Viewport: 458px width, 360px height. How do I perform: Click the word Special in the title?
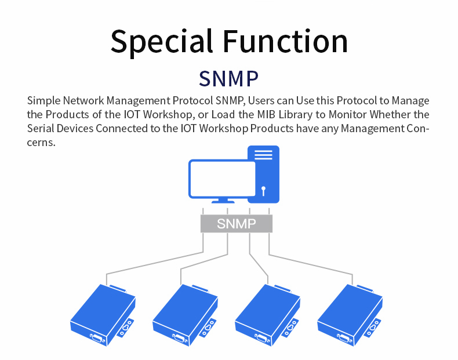pyautogui.click(x=162, y=42)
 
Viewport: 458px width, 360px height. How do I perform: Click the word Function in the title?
pyautogui.click(x=285, y=41)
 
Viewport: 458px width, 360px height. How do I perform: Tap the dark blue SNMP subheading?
pyautogui.click(x=228, y=78)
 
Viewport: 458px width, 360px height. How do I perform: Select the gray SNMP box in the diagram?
pyautogui.click(x=237, y=224)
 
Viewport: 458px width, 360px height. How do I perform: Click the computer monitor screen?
pyautogui.click(x=223, y=179)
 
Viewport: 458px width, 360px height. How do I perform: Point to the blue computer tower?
pyautogui.click(x=263, y=174)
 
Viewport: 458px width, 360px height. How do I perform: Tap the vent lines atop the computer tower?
pyautogui.click(x=263, y=155)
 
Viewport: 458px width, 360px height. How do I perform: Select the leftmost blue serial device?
pyautogui.click(x=103, y=315)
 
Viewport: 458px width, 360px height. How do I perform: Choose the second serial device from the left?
pyautogui.click(x=185, y=315)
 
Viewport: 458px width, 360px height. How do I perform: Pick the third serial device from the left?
pyautogui.click(x=268, y=315)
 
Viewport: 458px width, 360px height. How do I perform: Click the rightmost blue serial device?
pyautogui.click(x=350, y=315)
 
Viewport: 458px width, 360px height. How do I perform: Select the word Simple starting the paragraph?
pyautogui.click(x=43, y=101)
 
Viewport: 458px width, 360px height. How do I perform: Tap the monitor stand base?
pyautogui.click(x=223, y=201)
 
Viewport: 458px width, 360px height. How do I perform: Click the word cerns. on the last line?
pyautogui.click(x=41, y=143)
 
